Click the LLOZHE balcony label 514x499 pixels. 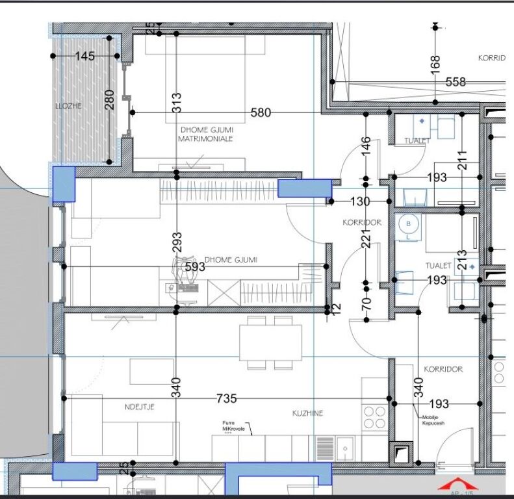coord(68,105)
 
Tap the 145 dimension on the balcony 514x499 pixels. coord(84,57)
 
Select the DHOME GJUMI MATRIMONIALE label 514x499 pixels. coord(205,133)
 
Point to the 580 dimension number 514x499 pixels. coord(261,113)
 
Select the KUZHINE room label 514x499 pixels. coord(307,413)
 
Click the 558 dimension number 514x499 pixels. coord(456,82)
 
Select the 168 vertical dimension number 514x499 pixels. coord(436,64)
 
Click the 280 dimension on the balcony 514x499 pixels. coord(110,99)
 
